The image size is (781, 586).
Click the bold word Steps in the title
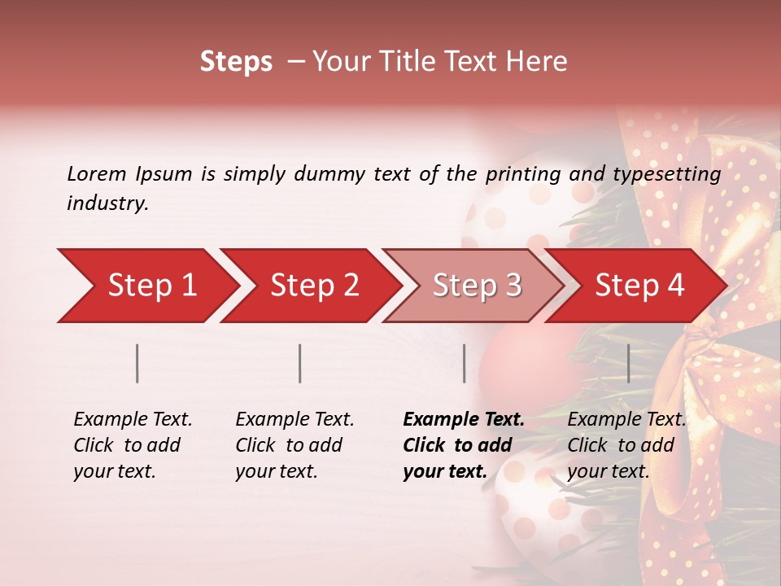[x=236, y=62]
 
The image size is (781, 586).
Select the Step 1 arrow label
[x=152, y=285]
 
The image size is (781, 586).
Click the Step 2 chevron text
[x=314, y=285]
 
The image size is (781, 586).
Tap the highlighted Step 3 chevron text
[x=477, y=285]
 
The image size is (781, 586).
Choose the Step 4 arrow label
[x=639, y=285]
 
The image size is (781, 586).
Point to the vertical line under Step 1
[x=137, y=363]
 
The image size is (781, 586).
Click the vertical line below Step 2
[x=300, y=363]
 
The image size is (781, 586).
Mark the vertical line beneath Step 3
[x=464, y=363]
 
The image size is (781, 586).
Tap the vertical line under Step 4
[x=628, y=363]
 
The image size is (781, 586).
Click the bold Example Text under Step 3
[x=464, y=420]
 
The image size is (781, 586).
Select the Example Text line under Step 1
[x=133, y=420]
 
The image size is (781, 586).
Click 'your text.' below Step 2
[x=276, y=471]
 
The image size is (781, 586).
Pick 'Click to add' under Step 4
[x=621, y=445]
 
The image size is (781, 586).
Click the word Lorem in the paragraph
[x=97, y=173]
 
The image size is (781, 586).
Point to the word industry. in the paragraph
[x=107, y=203]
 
